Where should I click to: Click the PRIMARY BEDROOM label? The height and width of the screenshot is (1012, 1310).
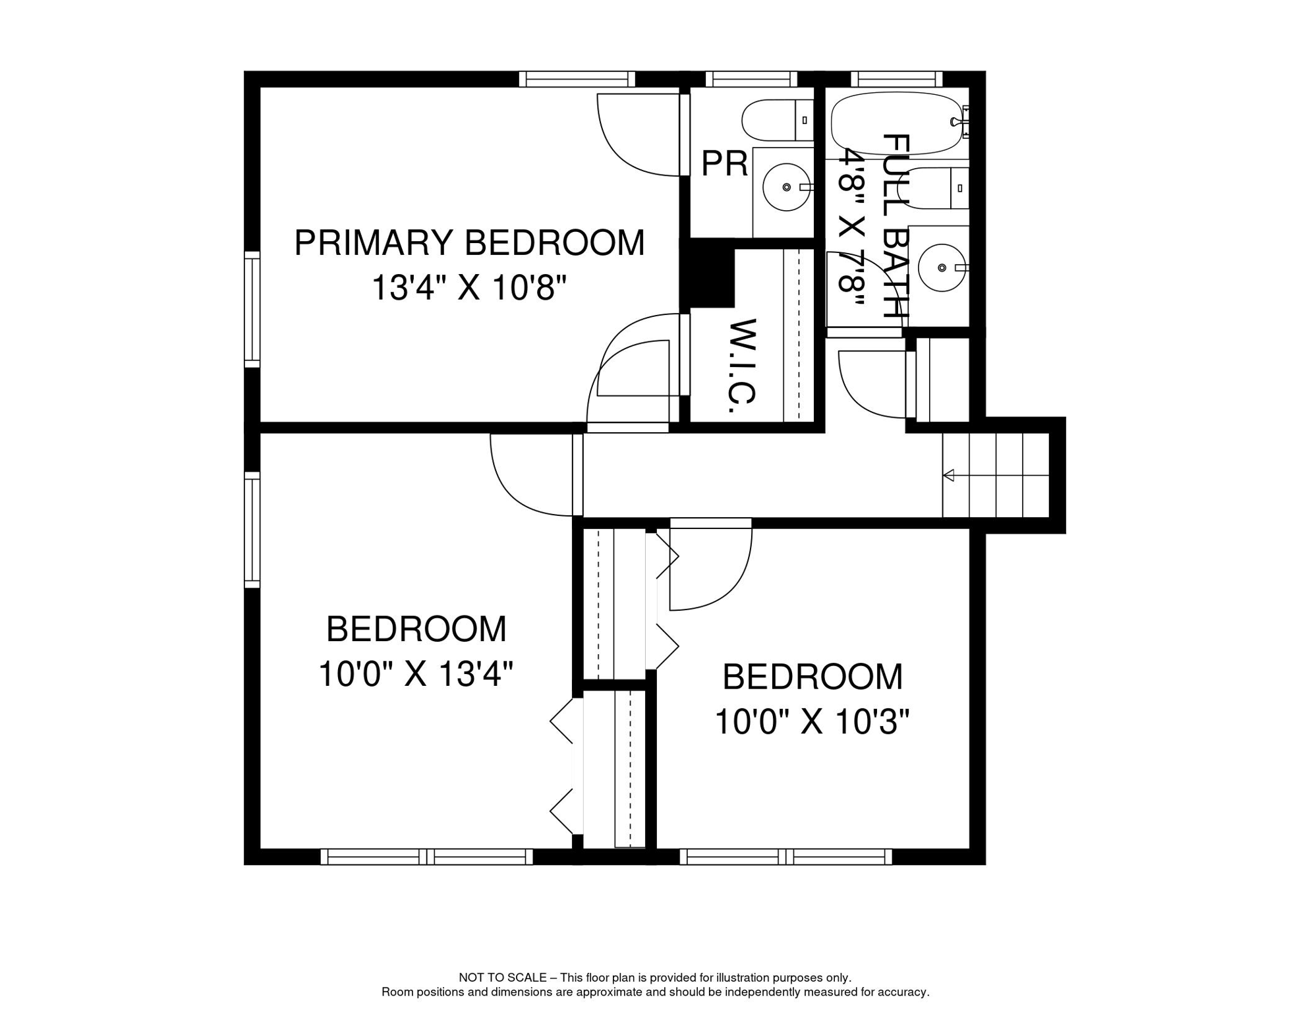tap(469, 242)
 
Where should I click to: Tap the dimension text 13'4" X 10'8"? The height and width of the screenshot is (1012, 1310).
tap(469, 288)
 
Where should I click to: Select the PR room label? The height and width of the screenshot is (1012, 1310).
tap(724, 163)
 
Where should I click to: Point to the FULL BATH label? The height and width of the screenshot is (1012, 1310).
tap(896, 226)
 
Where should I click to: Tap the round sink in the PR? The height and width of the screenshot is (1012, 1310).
tap(786, 187)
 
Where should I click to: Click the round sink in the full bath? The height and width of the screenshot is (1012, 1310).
tap(942, 267)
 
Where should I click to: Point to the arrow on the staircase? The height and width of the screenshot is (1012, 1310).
tap(949, 475)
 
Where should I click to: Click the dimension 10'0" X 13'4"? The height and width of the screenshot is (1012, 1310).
tap(416, 674)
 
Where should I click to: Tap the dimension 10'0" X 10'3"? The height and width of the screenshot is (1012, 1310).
tap(812, 722)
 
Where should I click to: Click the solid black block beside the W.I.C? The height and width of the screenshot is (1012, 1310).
tap(708, 277)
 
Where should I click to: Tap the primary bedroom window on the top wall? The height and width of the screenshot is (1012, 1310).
tap(577, 79)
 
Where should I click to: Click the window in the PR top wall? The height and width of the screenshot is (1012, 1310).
tap(751, 79)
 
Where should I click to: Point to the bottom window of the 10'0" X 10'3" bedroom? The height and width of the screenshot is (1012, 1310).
tap(785, 857)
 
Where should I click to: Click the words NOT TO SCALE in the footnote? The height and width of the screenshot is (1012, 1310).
tap(502, 978)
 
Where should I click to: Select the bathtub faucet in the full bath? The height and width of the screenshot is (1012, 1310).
tap(957, 121)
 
